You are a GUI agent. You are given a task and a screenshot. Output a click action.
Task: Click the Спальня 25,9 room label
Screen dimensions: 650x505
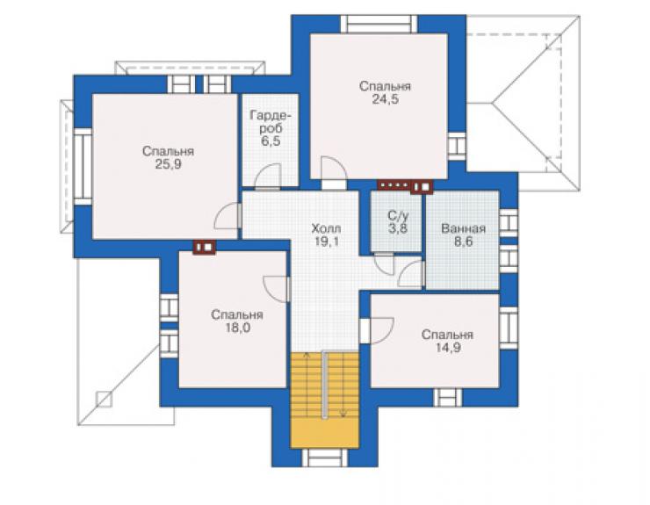168,157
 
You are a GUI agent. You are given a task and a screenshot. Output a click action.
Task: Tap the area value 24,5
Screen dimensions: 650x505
385,99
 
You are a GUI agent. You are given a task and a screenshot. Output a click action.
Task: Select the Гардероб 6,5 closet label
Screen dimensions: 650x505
271,128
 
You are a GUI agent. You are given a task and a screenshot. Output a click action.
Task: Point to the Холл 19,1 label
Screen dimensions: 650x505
326,234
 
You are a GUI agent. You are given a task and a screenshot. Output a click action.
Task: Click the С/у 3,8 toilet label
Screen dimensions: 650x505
398,222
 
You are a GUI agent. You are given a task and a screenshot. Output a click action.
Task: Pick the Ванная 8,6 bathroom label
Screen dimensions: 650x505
463,235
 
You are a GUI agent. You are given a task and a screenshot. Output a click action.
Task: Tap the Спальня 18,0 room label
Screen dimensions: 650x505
236,321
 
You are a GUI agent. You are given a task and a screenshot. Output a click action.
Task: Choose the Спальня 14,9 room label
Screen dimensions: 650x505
447,342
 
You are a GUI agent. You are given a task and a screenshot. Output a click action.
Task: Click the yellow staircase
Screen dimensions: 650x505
324,400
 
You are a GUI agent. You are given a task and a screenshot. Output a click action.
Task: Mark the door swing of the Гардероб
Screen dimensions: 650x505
268,177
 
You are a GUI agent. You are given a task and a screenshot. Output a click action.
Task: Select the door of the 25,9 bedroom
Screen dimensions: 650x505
228,215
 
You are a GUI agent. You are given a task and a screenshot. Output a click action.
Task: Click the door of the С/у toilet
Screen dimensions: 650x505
384,263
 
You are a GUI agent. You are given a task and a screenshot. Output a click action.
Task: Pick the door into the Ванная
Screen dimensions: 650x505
411,274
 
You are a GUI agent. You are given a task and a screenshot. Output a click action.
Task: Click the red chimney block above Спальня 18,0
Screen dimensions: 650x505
205,247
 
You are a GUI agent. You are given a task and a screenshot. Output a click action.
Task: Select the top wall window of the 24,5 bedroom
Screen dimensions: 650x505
379,24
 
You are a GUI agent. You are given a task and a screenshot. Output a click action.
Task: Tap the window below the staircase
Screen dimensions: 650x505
325,458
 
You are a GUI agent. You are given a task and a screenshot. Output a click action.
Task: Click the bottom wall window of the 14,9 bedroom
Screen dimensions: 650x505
448,398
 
